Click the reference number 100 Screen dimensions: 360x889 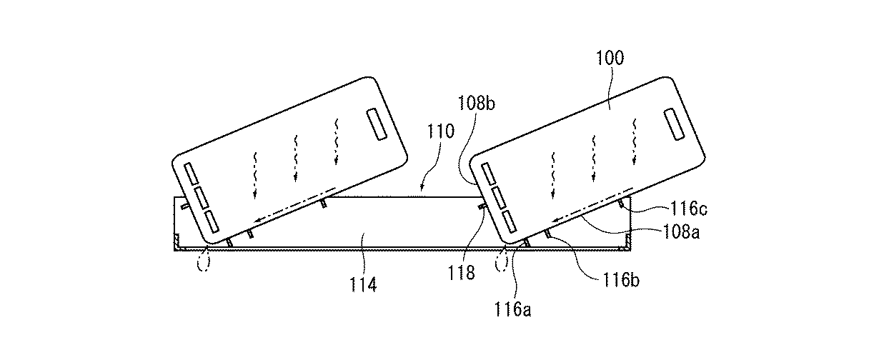click(609, 59)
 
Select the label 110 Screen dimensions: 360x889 click(440, 131)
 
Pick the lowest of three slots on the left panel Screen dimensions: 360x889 click(211, 222)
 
